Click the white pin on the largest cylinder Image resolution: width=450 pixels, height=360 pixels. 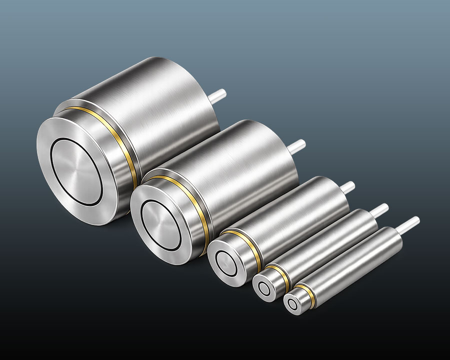(x=218, y=95)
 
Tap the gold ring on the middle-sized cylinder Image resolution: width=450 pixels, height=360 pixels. (x=250, y=245)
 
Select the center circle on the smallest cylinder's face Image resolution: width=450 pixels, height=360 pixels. (x=293, y=303)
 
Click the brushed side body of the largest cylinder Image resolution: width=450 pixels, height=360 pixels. (x=165, y=115)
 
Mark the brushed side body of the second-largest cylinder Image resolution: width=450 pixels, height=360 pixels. (x=245, y=170)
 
